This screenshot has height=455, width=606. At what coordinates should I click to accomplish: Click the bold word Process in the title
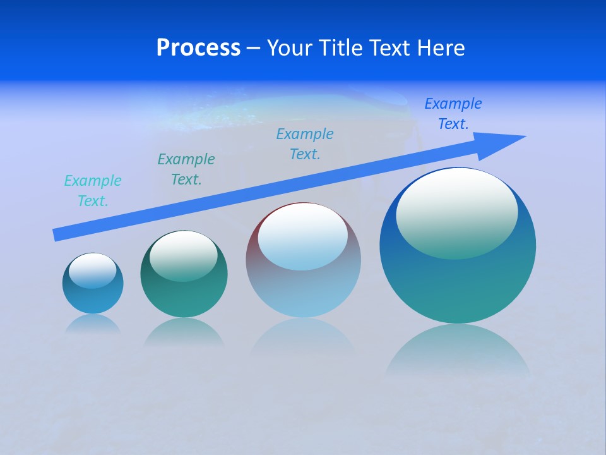(198, 48)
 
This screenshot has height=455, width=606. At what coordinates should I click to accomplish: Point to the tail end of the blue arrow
(56, 235)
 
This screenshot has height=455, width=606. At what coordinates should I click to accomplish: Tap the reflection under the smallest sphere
(93, 324)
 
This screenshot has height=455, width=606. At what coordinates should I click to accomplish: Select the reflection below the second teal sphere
(184, 331)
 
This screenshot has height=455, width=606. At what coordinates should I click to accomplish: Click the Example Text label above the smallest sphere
(93, 191)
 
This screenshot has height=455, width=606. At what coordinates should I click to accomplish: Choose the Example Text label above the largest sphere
(453, 114)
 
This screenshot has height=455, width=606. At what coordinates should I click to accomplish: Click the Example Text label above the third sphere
(305, 144)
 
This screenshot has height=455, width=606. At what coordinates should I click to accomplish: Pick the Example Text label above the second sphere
(186, 169)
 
